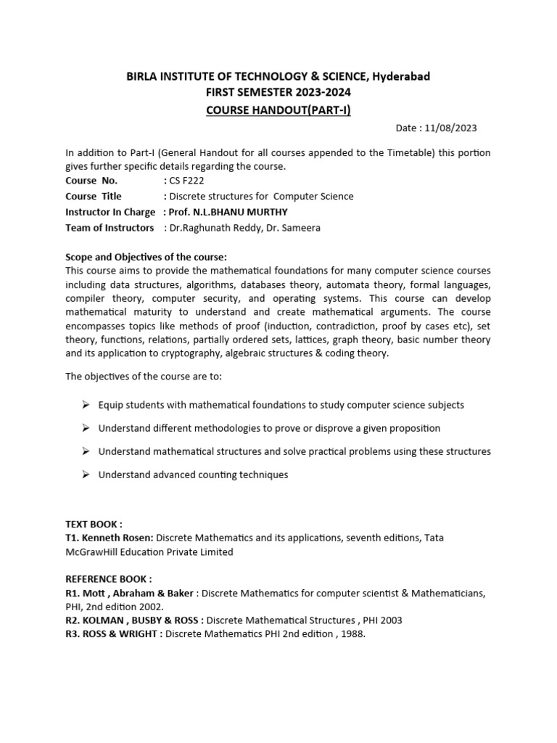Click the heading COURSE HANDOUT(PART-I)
(278, 110)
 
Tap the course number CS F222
(188, 181)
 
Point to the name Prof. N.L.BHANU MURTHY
(226, 212)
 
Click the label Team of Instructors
(110, 228)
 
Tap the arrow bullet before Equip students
(85, 405)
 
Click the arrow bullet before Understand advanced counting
(85, 475)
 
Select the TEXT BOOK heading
(94, 524)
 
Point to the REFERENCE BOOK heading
(109, 578)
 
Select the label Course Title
(94, 197)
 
